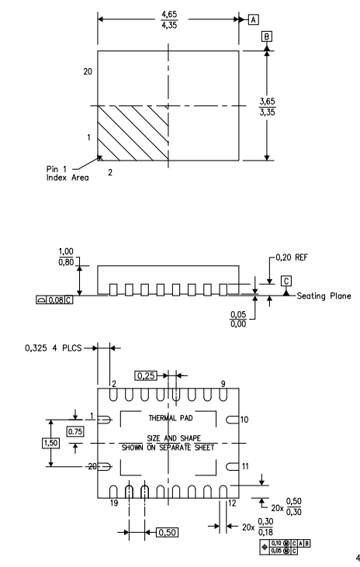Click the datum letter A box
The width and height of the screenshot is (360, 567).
coord(253,19)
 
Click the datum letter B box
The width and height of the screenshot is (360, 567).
coord(267,36)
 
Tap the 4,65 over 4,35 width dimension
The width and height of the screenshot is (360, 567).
coord(169,20)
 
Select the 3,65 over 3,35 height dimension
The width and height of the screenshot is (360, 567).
coord(267,107)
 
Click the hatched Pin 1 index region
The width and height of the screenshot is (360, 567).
coord(133,133)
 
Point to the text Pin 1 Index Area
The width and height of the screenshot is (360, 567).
coord(67,173)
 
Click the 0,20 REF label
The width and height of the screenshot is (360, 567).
coord(292,258)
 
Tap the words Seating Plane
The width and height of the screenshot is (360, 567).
coord(324,296)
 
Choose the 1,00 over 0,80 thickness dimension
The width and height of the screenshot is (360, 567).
coord(66,257)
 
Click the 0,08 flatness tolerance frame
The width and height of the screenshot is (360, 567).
coord(54,299)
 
